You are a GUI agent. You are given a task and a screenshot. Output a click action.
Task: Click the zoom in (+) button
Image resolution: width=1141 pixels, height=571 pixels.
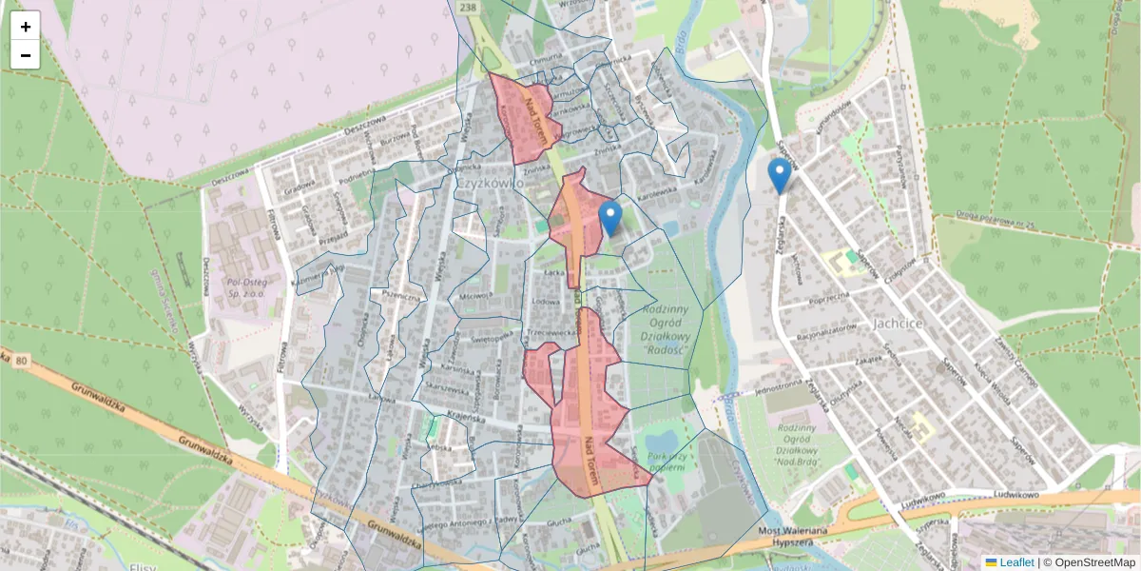click(26, 26)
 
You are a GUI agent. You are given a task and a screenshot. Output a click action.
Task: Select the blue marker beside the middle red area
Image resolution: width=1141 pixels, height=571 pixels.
click(610, 218)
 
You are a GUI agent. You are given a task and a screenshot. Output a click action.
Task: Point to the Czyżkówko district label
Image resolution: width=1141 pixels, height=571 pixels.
click(491, 183)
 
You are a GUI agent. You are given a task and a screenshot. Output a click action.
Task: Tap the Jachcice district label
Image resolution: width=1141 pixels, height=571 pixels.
click(897, 324)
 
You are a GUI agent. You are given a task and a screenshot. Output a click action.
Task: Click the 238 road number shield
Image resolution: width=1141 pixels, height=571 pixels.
click(467, 7)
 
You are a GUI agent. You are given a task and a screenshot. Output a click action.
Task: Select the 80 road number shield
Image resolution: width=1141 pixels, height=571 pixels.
click(21, 361)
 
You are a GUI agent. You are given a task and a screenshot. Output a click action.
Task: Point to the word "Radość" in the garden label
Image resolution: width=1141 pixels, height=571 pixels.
click(665, 349)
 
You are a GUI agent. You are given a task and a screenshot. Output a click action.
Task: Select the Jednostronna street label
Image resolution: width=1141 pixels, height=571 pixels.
click(777, 388)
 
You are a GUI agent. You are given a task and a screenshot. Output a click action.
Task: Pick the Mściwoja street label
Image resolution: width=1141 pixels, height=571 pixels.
click(473, 296)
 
